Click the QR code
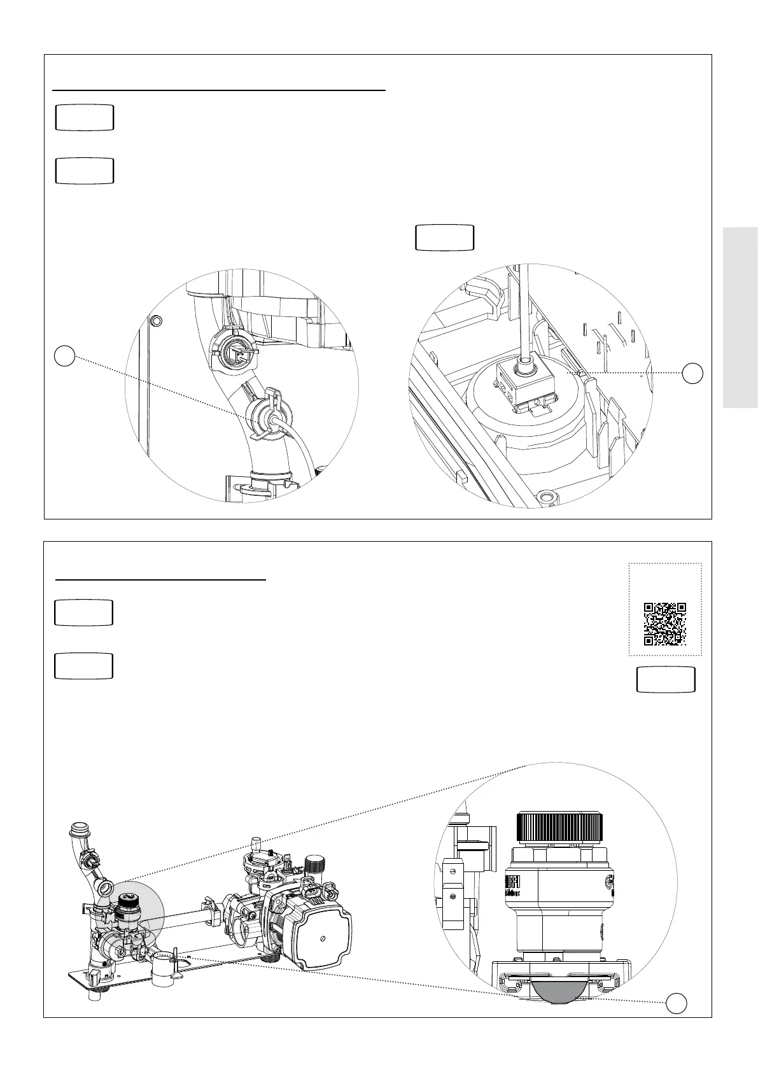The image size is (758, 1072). tap(665, 624)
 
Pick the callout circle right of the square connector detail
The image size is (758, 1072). tap(693, 373)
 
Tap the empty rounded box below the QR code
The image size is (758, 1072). tap(666, 680)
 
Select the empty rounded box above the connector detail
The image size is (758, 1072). tap(444, 237)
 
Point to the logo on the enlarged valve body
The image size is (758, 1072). tap(512, 885)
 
